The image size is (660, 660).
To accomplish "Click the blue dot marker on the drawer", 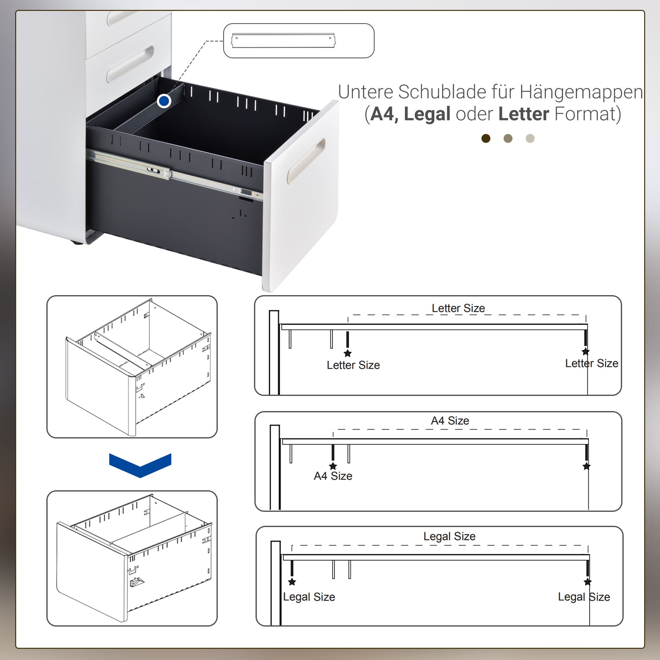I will (x=164, y=101).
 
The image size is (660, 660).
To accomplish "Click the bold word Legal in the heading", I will (x=427, y=114).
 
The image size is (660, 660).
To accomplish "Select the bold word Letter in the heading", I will (x=524, y=114).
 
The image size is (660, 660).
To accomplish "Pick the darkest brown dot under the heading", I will (x=486, y=138).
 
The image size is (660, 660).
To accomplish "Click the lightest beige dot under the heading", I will (x=530, y=138).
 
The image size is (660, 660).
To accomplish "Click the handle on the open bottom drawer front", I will (x=306, y=161).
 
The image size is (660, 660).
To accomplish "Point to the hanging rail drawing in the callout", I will (x=283, y=41).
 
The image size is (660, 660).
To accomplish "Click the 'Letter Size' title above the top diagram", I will (x=458, y=308).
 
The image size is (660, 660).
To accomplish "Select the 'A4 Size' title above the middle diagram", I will (x=450, y=420).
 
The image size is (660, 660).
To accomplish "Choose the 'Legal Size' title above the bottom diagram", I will (x=449, y=536).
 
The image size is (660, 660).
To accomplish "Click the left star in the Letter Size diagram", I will (x=347, y=353).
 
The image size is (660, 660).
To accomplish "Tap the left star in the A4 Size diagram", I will (x=333, y=466).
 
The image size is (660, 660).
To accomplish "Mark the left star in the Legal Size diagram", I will (x=292, y=582).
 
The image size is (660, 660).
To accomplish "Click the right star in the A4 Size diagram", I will (x=586, y=466).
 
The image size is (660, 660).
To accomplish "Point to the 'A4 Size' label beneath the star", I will (x=333, y=476).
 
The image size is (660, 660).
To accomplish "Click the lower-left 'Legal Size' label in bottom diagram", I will (x=309, y=597).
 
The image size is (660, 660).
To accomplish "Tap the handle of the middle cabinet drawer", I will (x=130, y=64).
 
